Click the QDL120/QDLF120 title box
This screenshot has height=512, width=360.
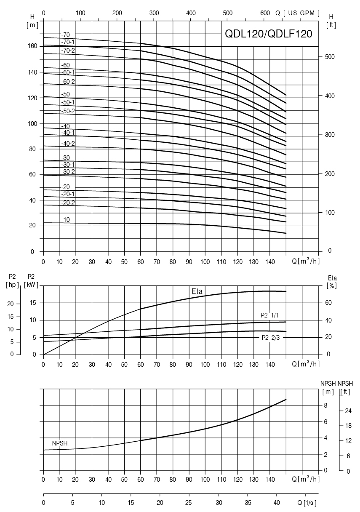[x=269, y=34]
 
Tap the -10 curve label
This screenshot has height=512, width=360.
[x=65, y=220]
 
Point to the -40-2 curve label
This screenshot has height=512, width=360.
[x=68, y=144]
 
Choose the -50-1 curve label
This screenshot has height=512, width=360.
[x=68, y=102]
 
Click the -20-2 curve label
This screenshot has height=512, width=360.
[x=68, y=203]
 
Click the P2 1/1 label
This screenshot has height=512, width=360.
[x=270, y=315]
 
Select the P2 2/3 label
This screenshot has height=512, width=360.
[x=271, y=337]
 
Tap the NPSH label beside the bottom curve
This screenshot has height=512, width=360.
[x=60, y=443]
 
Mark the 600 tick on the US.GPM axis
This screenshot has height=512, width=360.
[x=265, y=13]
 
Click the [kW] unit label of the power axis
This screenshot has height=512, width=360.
[x=31, y=285]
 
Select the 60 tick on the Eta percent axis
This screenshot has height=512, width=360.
[x=328, y=303]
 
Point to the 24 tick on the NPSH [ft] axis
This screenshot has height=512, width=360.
[x=348, y=411]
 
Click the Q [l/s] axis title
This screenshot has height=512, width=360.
[x=307, y=503]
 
